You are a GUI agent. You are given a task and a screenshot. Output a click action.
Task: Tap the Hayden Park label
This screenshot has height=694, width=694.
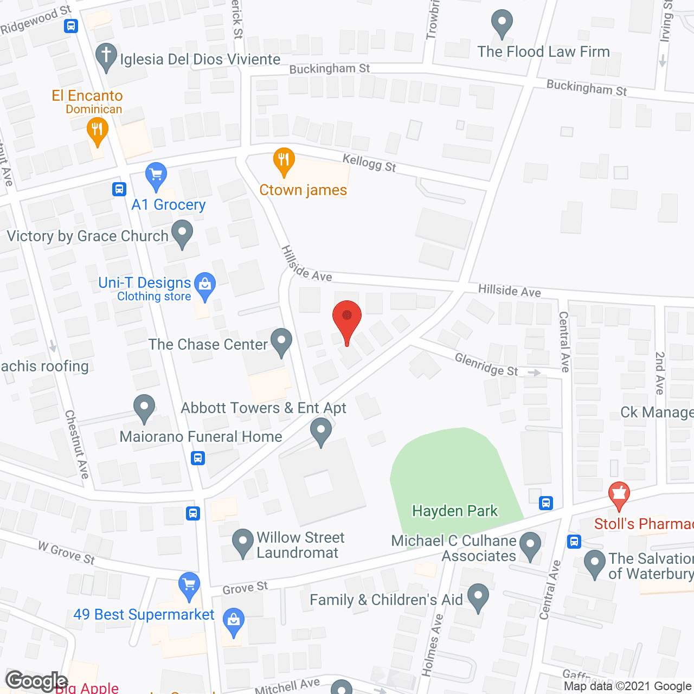(454, 511)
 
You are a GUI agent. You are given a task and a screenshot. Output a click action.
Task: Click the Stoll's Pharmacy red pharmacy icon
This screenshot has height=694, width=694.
(619, 494)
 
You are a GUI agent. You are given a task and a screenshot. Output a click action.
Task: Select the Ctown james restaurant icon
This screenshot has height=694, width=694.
(284, 160)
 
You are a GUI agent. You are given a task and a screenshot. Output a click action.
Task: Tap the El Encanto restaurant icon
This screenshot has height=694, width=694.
(97, 131)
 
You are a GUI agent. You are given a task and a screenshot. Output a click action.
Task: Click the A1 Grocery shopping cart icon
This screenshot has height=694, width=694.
(156, 176)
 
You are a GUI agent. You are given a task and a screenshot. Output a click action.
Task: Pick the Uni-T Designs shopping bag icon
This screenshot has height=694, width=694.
(205, 285)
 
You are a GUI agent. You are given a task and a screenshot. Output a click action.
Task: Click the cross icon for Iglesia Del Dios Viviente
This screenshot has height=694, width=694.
(106, 56)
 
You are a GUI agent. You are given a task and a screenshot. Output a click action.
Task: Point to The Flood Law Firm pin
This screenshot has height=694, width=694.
(502, 23)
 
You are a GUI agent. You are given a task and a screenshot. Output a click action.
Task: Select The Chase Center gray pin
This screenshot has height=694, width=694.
(281, 342)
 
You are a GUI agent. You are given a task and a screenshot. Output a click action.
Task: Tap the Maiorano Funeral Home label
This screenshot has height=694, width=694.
(201, 436)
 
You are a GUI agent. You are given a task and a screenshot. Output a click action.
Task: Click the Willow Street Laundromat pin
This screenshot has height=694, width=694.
(242, 542)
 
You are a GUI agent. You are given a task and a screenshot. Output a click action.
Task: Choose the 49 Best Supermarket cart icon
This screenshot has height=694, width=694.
(189, 586)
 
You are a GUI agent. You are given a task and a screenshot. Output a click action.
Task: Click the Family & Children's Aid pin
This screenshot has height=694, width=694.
(478, 596)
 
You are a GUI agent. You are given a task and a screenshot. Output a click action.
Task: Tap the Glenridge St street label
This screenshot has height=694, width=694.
(486, 364)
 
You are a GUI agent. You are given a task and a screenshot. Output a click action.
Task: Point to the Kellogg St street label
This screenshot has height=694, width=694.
(369, 163)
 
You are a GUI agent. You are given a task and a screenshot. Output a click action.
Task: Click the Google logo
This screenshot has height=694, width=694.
(36, 680)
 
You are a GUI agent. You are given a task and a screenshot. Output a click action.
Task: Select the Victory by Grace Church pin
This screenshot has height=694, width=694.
(182, 233)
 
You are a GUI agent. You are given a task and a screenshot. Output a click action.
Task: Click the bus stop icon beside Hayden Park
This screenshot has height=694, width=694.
(546, 503)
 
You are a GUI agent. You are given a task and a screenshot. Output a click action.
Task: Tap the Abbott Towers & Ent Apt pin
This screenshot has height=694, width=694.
(321, 433)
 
